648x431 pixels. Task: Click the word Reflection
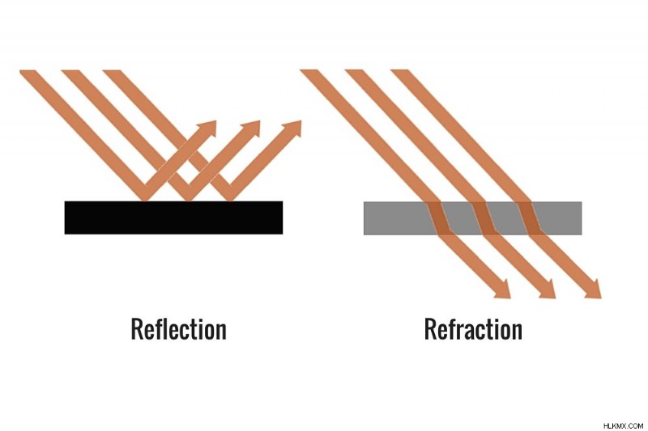pos(178,329)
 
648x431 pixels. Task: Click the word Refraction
pos(473,329)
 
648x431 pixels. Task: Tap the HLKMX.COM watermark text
pos(623,425)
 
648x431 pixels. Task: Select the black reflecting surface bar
pos(173,218)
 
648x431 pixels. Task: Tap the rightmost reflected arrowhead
pos(293,129)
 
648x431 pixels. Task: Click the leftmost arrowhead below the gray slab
pos(503,289)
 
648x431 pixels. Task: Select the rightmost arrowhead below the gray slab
pos(594,289)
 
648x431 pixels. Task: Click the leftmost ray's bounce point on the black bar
pos(145,201)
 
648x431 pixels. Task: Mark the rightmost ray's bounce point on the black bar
pos(228,201)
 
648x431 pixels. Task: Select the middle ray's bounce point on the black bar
pos(187,201)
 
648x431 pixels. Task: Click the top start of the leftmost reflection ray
pos(28,71)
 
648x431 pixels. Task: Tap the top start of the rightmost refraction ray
pos(399,70)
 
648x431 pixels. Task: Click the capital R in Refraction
pos(431,329)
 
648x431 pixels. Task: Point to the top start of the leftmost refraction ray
pos(309,70)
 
